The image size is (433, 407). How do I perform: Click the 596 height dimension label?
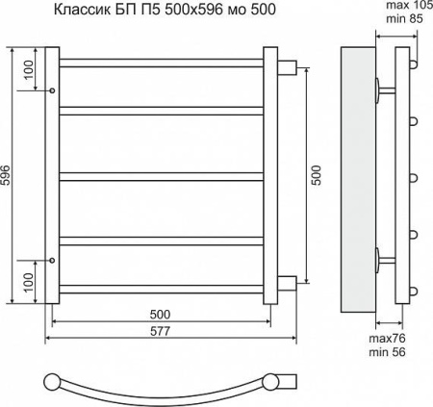click(x=7, y=175)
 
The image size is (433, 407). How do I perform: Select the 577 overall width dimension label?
click(x=160, y=331)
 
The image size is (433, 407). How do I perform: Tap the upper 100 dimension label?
click(x=29, y=70)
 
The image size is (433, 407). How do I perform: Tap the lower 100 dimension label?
click(x=29, y=282)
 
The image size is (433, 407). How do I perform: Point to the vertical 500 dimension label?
click(x=316, y=175)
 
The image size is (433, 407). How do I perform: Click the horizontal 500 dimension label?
click(x=160, y=315)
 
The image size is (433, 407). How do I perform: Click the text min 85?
click(x=404, y=19)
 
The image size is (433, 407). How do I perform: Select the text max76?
click(x=387, y=339)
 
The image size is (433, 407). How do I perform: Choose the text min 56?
click(x=387, y=352)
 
